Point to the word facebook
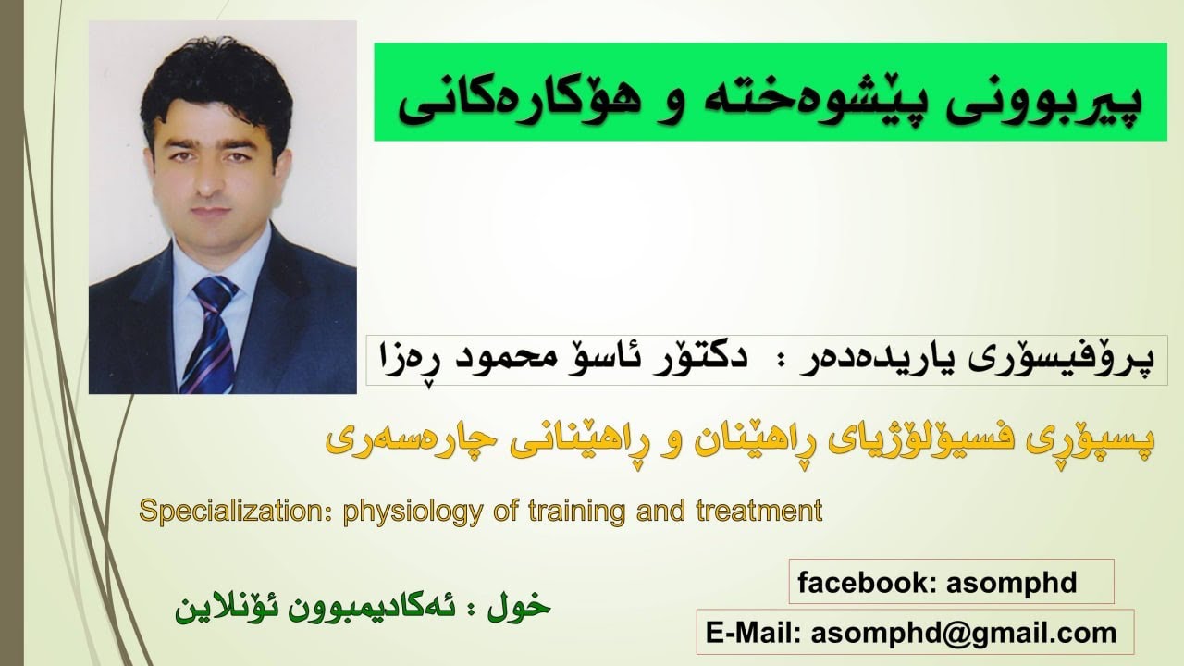(x=857, y=584)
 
